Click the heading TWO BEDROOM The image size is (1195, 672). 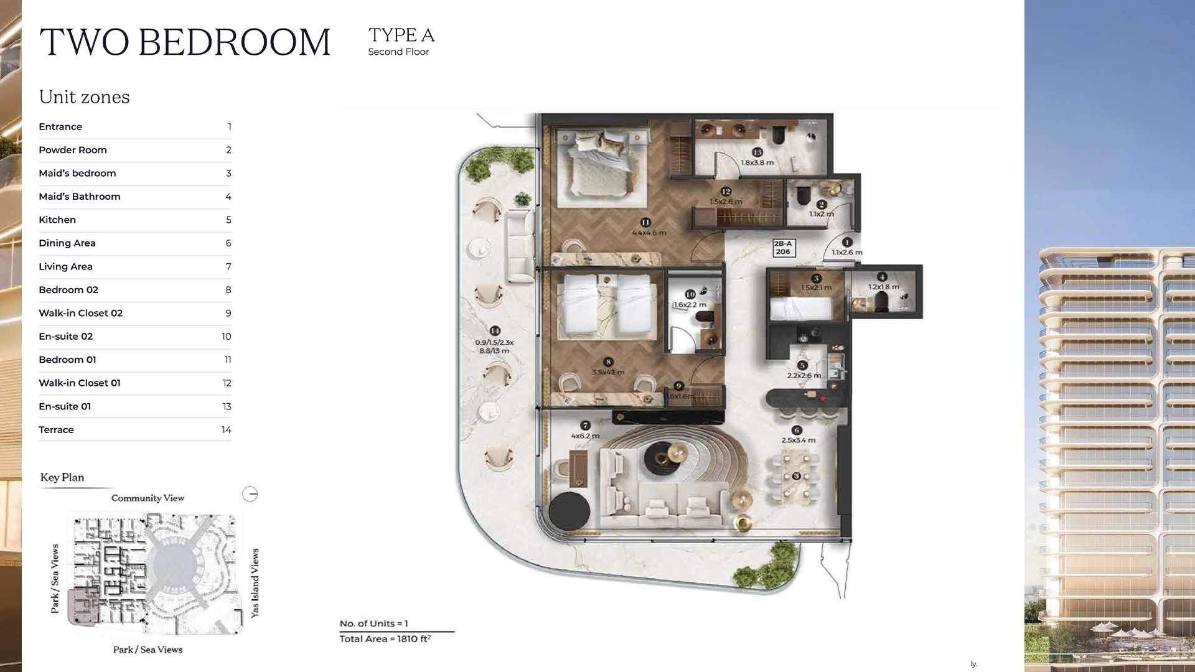[185, 42]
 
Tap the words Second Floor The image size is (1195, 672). [398, 52]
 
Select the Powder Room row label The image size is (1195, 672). [73, 150]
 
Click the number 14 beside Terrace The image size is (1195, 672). [226, 430]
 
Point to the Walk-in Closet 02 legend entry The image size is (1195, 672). [80, 313]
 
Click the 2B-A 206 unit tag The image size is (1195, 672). [783, 248]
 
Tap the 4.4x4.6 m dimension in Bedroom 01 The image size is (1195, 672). [649, 233]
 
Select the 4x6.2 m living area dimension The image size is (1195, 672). [585, 436]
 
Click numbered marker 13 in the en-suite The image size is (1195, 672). [757, 152]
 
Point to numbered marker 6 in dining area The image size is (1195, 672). [796, 430]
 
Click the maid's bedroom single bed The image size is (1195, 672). [800, 307]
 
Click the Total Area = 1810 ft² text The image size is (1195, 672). [385, 639]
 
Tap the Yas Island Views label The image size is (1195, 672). [255, 582]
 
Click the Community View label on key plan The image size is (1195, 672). [148, 498]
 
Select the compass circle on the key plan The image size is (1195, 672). [250, 494]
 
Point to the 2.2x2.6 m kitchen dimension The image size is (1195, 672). [804, 375]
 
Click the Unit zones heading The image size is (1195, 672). [84, 97]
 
